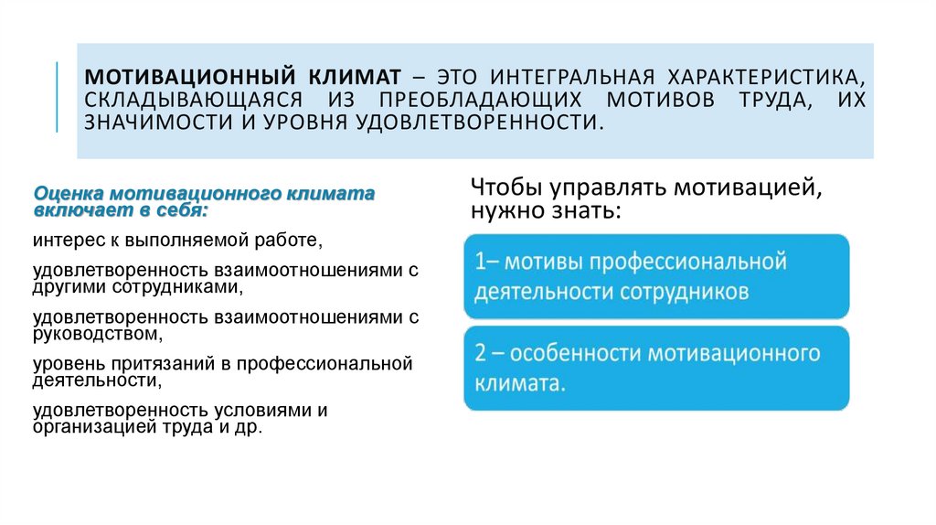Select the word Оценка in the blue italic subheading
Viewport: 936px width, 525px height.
[x=69, y=195]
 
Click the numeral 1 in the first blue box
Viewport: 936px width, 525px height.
[x=479, y=262]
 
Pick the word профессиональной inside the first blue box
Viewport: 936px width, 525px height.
[x=688, y=262]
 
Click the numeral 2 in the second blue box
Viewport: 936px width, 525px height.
[x=481, y=354]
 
